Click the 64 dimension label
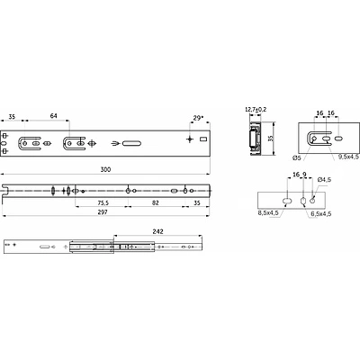(x=53, y=116)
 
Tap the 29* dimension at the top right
(x=197, y=118)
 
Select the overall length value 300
(x=105, y=169)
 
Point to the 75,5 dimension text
(x=103, y=203)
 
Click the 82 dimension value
(x=155, y=203)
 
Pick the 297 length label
(x=103, y=212)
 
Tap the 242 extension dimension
(x=158, y=231)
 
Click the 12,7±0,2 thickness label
(x=256, y=110)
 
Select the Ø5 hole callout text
(x=296, y=157)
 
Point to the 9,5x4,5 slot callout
(x=348, y=157)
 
